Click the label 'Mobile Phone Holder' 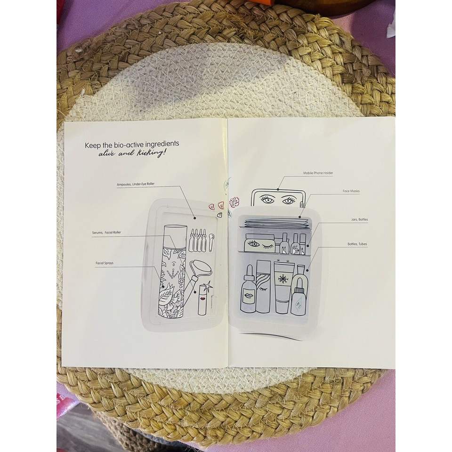(318, 173)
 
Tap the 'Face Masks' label (351, 192)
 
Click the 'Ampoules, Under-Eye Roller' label (136, 185)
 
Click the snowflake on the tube (282, 279)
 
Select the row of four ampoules (197, 241)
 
